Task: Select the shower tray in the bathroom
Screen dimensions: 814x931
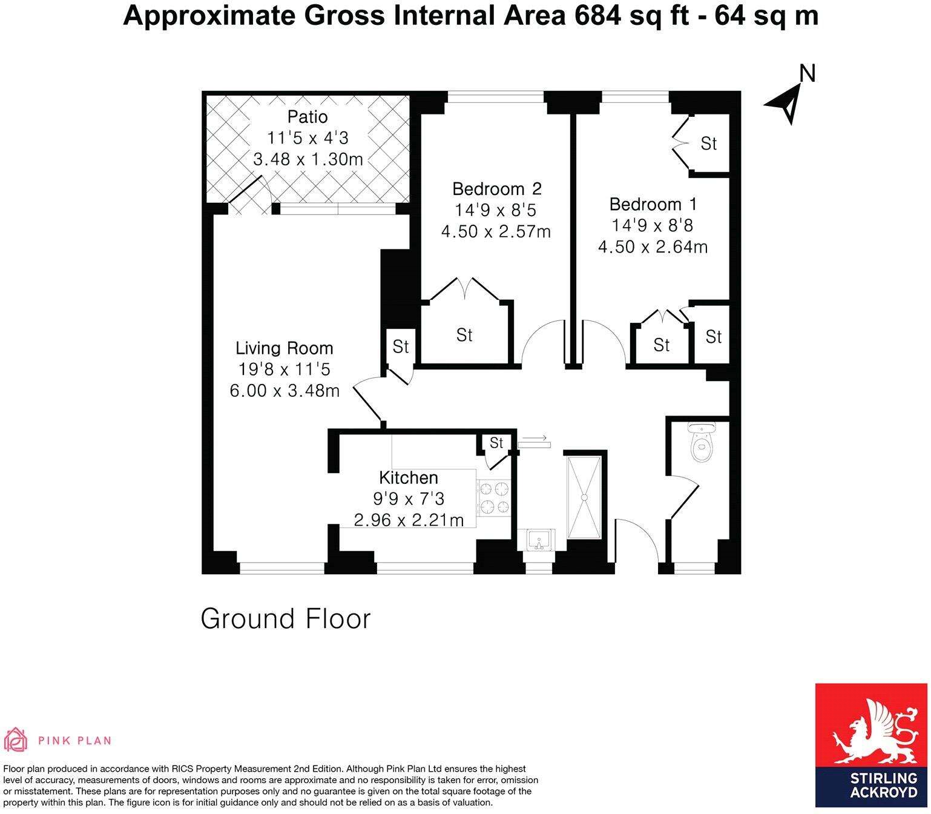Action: tap(585, 497)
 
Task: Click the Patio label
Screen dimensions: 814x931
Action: tap(308, 116)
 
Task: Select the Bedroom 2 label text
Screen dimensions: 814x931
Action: tap(496, 189)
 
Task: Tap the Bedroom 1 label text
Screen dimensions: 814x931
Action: tap(653, 204)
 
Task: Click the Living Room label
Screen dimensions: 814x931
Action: tap(284, 348)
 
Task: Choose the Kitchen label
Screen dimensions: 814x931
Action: tap(408, 478)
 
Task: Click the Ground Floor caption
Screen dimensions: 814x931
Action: tap(285, 619)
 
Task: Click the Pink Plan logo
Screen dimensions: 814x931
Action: tap(58, 740)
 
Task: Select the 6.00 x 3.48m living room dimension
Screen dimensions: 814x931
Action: tap(284, 391)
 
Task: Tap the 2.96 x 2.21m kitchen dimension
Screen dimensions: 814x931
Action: tap(409, 520)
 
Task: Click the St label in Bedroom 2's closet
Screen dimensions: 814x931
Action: tap(464, 335)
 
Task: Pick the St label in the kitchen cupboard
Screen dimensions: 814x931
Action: tap(496, 443)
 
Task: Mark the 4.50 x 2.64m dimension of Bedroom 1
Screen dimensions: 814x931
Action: tap(653, 247)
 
